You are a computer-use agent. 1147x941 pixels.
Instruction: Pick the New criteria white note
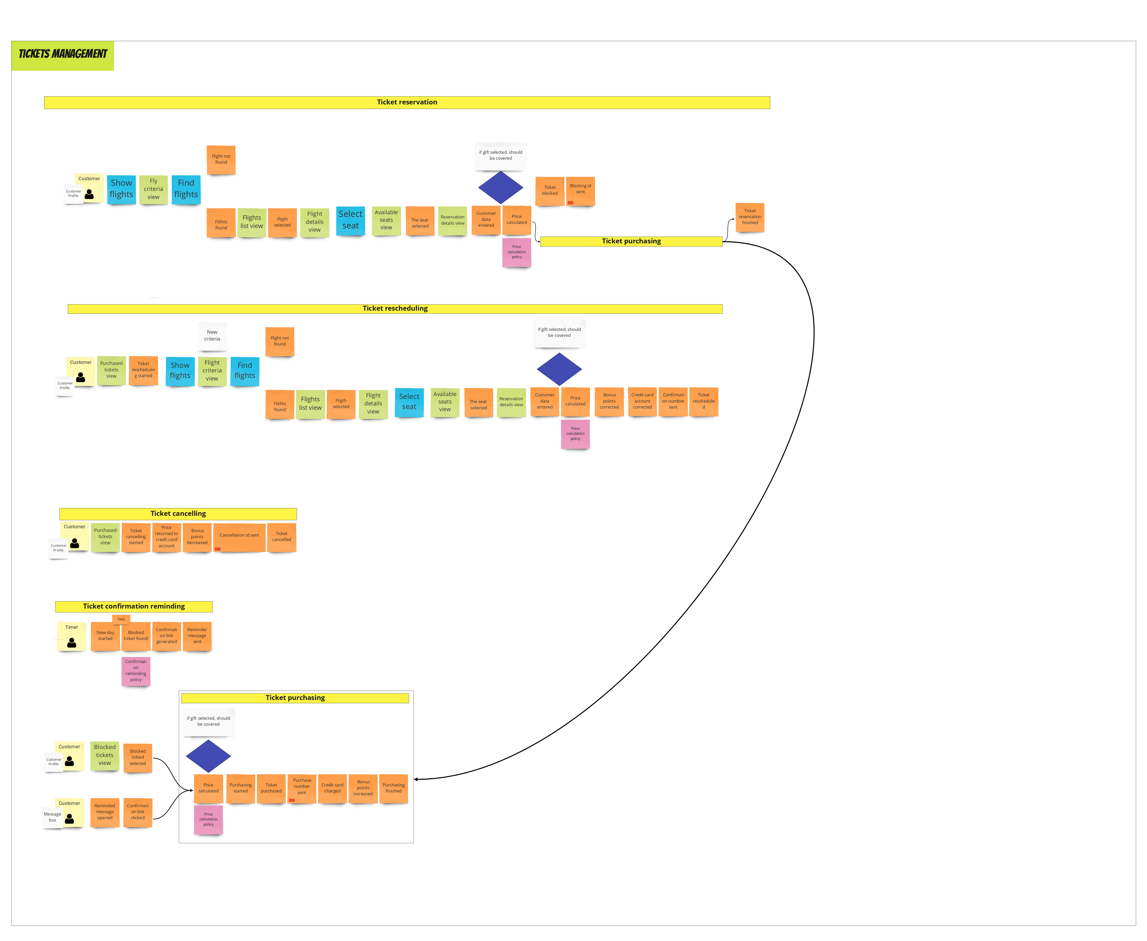click(212, 336)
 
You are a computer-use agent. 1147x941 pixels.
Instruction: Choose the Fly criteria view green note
click(154, 189)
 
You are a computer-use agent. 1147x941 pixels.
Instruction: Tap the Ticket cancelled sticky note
click(281, 537)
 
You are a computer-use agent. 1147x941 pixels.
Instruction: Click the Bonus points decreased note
click(197, 537)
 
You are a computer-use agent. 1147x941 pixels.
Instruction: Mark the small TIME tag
click(121, 619)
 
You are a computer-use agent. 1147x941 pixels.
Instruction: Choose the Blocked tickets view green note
click(105, 755)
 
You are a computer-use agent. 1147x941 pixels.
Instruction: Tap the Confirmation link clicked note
click(138, 812)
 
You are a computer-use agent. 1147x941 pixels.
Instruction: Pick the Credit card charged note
click(332, 788)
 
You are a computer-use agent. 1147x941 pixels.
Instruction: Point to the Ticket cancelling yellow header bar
click(178, 513)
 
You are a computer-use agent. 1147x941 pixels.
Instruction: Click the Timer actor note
click(71, 635)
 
